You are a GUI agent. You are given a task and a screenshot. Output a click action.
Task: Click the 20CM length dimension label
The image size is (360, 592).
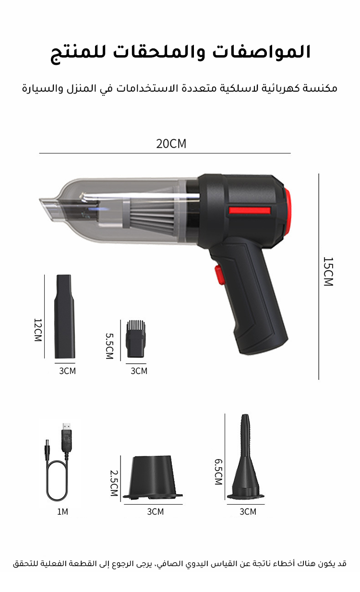click(171, 144)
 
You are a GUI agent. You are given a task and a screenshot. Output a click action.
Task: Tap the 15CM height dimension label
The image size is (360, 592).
click(328, 271)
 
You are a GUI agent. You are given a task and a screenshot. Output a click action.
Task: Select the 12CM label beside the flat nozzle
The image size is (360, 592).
click(38, 330)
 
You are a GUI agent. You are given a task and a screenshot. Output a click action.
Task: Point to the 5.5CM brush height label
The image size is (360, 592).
click(109, 346)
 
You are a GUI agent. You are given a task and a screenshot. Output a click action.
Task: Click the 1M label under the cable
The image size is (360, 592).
click(63, 512)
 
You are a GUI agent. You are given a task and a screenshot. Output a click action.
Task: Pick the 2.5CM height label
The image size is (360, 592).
click(114, 483)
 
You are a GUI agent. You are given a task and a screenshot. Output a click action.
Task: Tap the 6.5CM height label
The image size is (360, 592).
click(218, 472)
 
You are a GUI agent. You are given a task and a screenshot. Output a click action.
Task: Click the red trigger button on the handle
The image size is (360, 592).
click(218, 275)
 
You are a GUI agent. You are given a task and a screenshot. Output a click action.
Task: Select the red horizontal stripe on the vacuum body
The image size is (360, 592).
click(250, 211)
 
